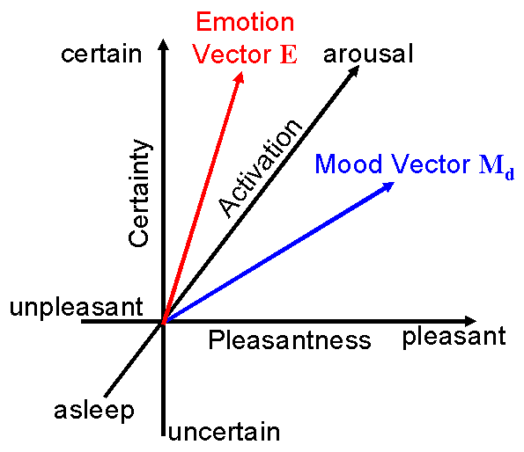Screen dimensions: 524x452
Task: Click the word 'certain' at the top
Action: (101, 55)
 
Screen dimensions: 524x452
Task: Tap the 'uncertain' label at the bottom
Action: (225, 433)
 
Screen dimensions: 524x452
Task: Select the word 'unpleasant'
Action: (77, 308)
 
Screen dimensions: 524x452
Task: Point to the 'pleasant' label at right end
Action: (454, 337)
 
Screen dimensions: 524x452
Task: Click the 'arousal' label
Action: (368, 54)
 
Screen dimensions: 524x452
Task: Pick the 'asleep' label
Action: (94, 412)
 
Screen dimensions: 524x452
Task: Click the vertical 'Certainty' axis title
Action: (139, 193)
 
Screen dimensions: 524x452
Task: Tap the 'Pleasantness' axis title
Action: (290, 340)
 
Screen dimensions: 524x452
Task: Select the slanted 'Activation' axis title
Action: (260, 169)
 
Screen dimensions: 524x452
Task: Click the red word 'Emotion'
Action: (245, 22)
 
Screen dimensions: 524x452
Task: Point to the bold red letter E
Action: (289, 55)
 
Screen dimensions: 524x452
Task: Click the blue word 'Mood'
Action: (349, 164)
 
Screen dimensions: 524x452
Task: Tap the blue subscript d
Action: (509, 174)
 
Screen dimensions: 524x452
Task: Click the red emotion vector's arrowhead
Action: (240, 77)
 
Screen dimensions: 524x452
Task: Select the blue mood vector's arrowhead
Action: (388, 186)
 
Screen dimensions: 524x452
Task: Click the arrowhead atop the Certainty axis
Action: (163, 45)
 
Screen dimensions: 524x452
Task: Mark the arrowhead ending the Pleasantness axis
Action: (470, 321)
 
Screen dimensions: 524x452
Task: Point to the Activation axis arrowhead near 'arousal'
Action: (354, 70)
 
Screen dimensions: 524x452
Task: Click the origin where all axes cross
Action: (163, 322)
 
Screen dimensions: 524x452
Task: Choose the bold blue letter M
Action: (491, 164)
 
